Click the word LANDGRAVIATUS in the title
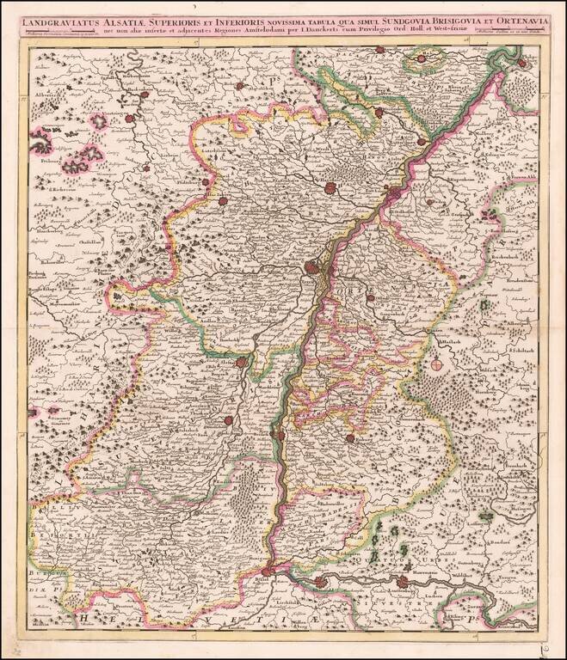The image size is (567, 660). tap(63, 13)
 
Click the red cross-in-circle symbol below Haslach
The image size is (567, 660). tap(437, 364)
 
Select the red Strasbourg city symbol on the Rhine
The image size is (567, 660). tap(311, 267)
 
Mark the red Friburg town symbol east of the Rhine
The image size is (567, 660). tap(350, 438)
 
